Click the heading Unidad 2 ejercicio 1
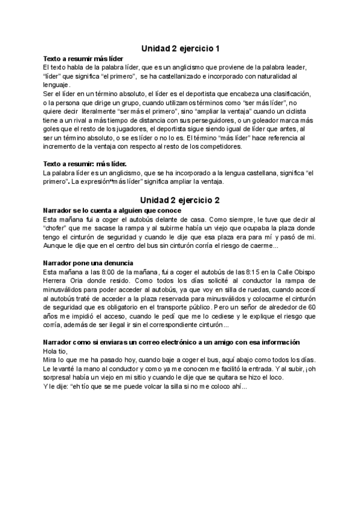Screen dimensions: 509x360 pyautogui.click(x=180, y=48)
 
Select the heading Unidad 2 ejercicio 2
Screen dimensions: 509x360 pyautogui.click(x=180, y=199)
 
